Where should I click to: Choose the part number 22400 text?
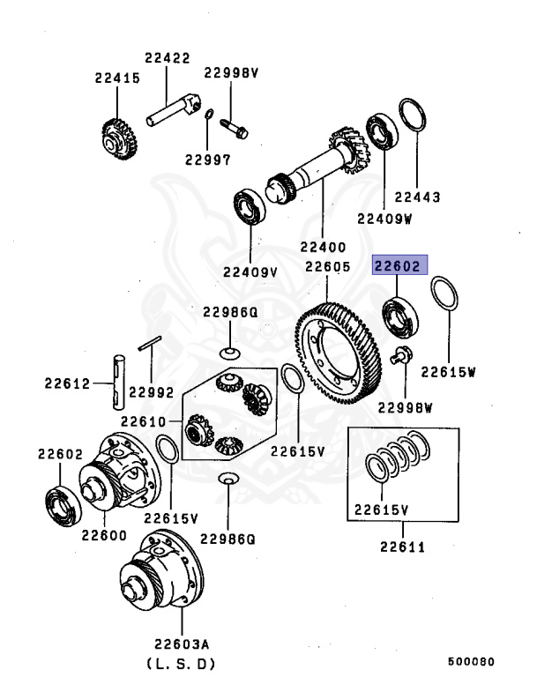[x=324, y=248]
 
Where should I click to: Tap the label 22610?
[x=143, y=420]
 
